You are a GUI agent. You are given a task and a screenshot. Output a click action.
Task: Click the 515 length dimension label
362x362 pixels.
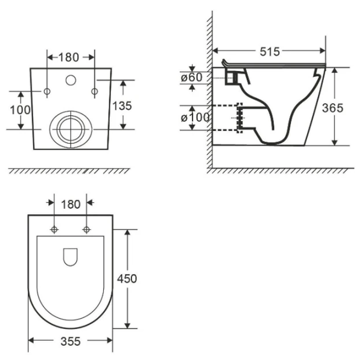[x=270, y=51]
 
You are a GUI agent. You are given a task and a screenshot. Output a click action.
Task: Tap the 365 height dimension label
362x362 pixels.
[x=332, y=108]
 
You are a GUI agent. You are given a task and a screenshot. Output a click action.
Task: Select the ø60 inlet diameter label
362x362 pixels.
[x=192, y=77]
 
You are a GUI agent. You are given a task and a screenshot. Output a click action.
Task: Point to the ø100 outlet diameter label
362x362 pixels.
[x=195, y=118]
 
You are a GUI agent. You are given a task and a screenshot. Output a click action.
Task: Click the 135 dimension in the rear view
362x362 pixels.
[x=122, y=106]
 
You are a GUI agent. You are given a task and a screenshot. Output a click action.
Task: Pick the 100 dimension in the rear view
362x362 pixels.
[x=21, y=110]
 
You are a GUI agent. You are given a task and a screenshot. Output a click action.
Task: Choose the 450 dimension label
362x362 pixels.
[x=127, y=279]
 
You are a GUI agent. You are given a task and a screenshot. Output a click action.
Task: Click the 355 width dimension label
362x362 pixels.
[x=71, y=341]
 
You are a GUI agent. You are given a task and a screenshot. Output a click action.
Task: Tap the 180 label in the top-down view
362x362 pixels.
[x=71, y=205]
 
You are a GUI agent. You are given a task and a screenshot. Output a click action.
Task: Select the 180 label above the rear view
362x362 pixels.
[x=69, y=57]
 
